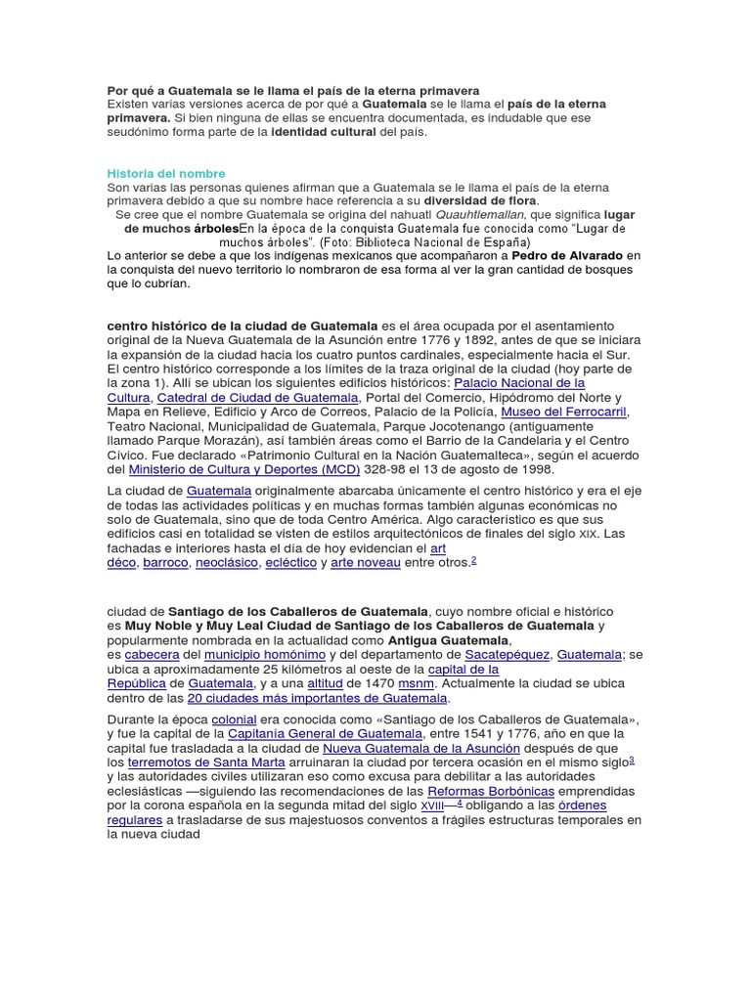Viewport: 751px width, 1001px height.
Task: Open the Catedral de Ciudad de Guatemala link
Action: coord(258,398)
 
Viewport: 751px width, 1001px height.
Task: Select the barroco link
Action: coord(166,562)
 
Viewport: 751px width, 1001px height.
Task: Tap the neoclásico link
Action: coord(227,562)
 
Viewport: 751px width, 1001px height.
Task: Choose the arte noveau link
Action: coord(366,562)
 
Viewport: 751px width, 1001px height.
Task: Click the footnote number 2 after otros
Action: coord(473,560)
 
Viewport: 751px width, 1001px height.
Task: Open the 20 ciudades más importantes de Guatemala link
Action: coord(317,698)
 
